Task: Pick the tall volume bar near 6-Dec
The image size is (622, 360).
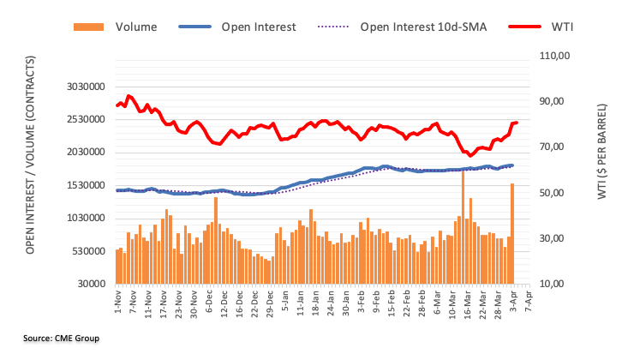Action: tap(215, 240)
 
